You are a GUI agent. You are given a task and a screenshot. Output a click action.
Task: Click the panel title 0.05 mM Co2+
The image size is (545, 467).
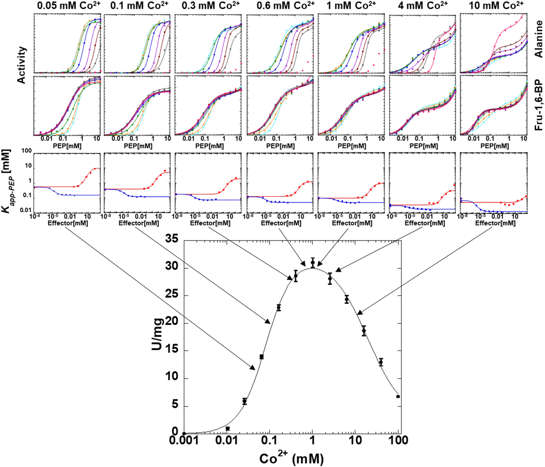click(x=68, y=6)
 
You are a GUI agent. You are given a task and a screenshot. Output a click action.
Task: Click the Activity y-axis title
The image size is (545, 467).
click(x=21, y=65)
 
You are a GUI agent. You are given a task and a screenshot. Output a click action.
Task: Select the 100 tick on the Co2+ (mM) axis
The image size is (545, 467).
click(x=397, y=440)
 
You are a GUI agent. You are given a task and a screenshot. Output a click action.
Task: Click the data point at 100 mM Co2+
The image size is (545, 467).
click(x=398, y=396)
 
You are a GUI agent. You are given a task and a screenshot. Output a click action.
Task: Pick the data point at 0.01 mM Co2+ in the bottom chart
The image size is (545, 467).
click(x=228, y=428)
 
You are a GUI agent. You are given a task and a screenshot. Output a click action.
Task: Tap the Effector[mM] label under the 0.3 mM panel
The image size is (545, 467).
click(x=210, y=223)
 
